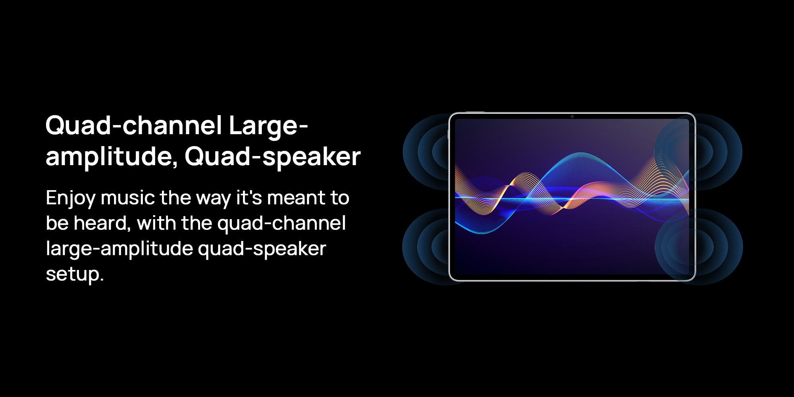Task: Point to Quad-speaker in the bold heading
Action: (272, 157)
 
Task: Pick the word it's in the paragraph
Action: (249, 197)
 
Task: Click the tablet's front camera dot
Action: (572, 117)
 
